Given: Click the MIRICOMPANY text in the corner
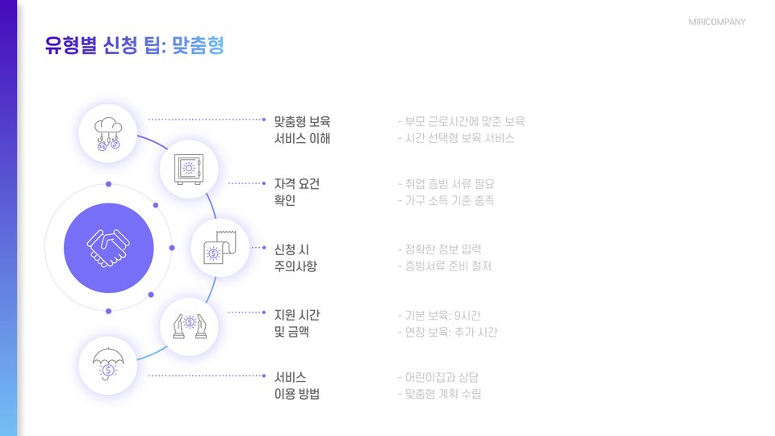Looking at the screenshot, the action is pos(717,22).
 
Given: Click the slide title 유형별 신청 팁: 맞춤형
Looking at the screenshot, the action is pos(134,46).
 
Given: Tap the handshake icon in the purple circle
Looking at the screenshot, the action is pos(108,248).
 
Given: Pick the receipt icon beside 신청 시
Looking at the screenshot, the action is pos(219,247).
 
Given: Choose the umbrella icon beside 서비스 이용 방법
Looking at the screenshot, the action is pos(107,365).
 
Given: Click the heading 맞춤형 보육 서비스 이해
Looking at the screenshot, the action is pos(303,130).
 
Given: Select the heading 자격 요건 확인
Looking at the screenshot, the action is pos(297,192).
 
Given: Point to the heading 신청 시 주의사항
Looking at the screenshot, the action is pos(295,258).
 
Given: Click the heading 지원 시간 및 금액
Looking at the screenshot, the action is pos(297,323).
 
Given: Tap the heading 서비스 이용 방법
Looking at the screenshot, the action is pos(297,386).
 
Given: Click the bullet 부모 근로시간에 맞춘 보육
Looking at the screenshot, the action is pos(461,122).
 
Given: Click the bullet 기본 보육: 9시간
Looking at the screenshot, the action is pos(443,315).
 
